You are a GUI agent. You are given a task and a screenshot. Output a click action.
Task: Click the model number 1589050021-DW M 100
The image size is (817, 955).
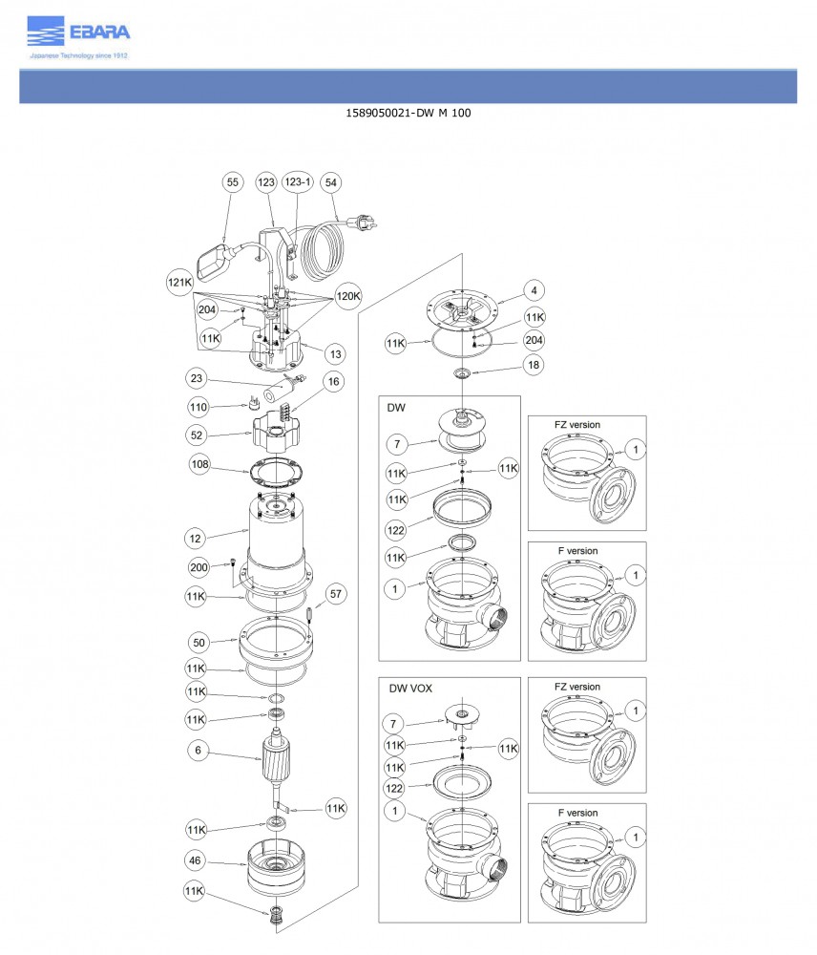pyautogui.click(x=408, y=114)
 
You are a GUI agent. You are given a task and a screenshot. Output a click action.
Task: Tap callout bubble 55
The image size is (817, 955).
pyautogui.click(x=232, y=181)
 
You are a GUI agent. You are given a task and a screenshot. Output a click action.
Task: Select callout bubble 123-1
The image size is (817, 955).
pyautogui.click(x=298, y=181)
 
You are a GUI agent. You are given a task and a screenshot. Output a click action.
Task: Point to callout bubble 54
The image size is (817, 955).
pyautogui.click(x=331, y=181)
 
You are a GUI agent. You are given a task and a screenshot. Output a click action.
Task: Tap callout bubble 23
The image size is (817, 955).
pyautogui.click(x=197, y=377)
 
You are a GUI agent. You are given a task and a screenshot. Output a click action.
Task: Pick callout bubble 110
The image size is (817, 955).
pyautogui.click(x=198, y=407)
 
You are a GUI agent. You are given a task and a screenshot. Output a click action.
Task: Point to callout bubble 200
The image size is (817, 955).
pyautogui.click(x=199, y=567)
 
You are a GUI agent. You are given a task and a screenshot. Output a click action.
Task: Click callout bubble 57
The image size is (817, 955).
pyautogui.click(x=336, y=594)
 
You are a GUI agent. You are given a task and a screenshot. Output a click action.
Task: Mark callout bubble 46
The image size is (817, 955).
pyautogui.click(x=196, y=860)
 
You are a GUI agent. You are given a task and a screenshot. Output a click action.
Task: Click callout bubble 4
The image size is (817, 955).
pyautogui.click(x=534, y=290)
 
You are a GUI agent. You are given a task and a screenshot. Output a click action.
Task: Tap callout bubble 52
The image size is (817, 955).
pyautogui.click(x=198, y=435)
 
